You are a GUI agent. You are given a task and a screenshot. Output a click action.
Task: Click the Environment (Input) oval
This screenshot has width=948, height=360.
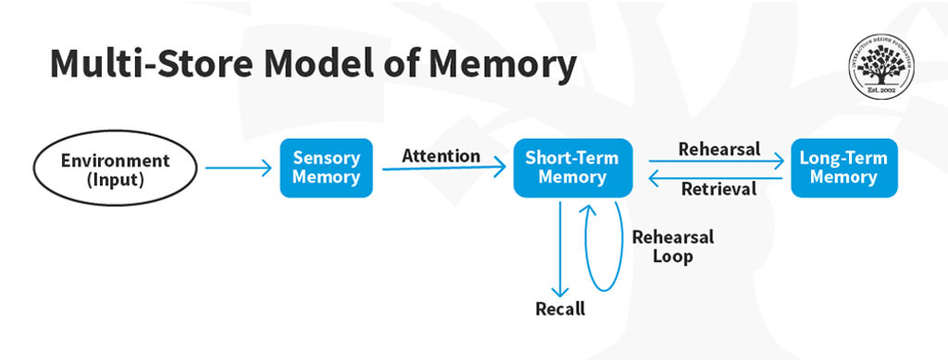[116, 168]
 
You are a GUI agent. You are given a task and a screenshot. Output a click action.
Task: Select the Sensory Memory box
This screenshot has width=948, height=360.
[326, 168]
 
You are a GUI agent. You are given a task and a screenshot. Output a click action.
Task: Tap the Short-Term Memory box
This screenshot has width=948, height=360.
[572, 168]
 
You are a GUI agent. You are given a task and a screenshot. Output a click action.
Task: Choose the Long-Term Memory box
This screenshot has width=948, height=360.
[843, 168]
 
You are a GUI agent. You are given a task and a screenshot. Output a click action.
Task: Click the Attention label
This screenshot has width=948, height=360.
[441, 155]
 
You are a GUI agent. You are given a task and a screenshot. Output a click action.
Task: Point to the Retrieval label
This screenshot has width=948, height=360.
[718, 190]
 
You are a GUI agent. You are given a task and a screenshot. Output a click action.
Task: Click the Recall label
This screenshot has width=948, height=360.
[560, 309]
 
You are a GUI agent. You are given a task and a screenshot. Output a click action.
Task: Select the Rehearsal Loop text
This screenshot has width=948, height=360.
[673, 246]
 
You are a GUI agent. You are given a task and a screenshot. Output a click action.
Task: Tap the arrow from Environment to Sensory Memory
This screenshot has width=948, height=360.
[238, 168]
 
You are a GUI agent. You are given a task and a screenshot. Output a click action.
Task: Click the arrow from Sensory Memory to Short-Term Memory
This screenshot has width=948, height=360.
[443, 168]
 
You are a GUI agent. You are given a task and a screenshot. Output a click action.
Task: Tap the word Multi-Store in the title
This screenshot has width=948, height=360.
[148, 64]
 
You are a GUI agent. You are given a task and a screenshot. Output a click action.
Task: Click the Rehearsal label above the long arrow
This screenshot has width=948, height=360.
[719, 148]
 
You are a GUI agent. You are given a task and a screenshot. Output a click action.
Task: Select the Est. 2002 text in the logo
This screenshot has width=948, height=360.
[888, 91]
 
